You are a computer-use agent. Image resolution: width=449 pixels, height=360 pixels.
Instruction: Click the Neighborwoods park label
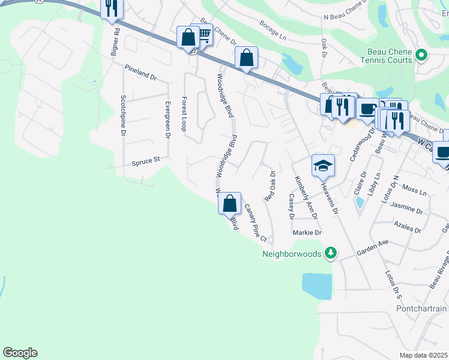pyautogui.click(x=292, y=254)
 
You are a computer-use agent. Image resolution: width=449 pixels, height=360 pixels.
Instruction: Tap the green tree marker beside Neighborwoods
pyautogui.click(x=330, y=253)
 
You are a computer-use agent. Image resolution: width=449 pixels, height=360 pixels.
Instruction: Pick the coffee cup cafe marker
pyautogui.click(x=368, y=109)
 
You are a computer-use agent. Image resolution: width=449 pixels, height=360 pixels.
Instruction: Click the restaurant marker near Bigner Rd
pyautogui.click(x=112, y=8)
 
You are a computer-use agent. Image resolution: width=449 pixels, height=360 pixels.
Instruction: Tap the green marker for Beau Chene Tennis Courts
pyautogui.click(x=421, y=56)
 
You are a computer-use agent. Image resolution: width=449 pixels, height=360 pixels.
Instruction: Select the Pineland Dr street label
pyautogui.click(x=140, y=73)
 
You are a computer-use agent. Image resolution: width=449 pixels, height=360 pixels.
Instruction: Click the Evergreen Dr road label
pyautogui.click(x=168, y=119)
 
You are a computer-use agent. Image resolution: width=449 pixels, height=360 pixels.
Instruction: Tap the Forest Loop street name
pyautogui.click(x=184, y=114)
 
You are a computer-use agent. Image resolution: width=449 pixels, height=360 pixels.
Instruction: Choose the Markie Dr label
pyautogui.click(x=307, y=233)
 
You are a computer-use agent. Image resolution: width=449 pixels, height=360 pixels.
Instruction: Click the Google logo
pyautogui.click(x=20, y=353)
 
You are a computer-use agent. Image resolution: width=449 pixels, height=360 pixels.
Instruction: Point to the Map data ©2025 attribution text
pyautogui.click(x=424, y=355)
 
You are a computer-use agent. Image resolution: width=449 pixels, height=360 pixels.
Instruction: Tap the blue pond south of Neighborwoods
pyautogui.click(x=317, y=286)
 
